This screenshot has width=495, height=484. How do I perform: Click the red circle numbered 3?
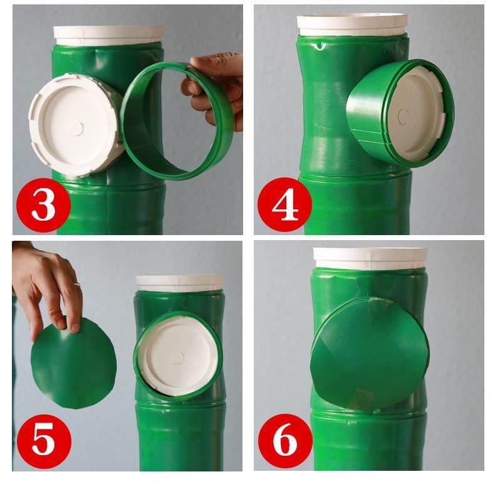pyautogui.click(x=43, y=205)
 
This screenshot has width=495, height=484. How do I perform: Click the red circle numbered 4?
pyautogui.click(x=284, y=204)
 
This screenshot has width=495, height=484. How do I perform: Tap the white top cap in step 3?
pyautogui.click(x=108, y=34)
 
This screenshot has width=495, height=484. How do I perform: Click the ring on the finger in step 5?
pyautogui.click(x=76, y=284)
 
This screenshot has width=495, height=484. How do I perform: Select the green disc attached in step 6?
pyautogui.click(x=369, y=354)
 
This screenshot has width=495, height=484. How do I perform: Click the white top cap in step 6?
pyautogui.click(x=370, y=258)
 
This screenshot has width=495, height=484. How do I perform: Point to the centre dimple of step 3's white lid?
pyautogui.click(x=78, y=128)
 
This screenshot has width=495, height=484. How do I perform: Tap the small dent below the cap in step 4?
pyautogui.click(x=320, y=46)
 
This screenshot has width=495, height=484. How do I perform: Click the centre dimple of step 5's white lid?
pyautogui.click(x=179, y=357)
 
